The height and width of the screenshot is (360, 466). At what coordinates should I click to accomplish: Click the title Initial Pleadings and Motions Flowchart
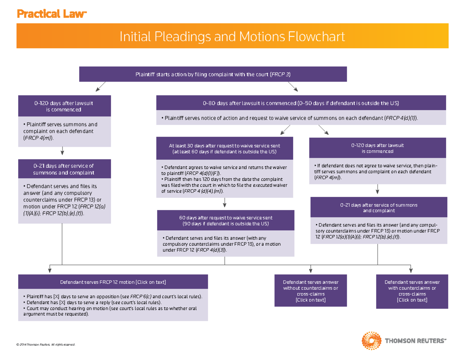pos(232,37)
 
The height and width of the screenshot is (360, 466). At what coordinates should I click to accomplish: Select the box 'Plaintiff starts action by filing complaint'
pos(213,74)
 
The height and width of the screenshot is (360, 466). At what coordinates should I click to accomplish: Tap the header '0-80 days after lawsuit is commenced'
pos(301,103)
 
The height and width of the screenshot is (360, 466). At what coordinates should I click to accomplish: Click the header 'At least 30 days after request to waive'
pos(224,148)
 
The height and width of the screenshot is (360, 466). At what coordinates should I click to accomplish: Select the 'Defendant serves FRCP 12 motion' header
pos(113,282)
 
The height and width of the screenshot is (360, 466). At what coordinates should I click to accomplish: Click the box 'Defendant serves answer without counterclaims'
pos(310,291)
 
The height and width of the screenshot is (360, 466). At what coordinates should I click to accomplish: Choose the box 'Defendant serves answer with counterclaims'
pos(412,291)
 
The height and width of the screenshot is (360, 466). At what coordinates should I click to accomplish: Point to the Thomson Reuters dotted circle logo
pos(372,341)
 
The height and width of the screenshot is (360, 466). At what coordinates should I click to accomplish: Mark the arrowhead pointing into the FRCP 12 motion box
pos(50,270)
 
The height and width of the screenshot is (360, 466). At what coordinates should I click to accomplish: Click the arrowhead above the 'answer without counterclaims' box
pos(311,270)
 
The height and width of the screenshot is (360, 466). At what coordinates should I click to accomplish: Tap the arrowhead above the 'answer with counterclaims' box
pos(410,270)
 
